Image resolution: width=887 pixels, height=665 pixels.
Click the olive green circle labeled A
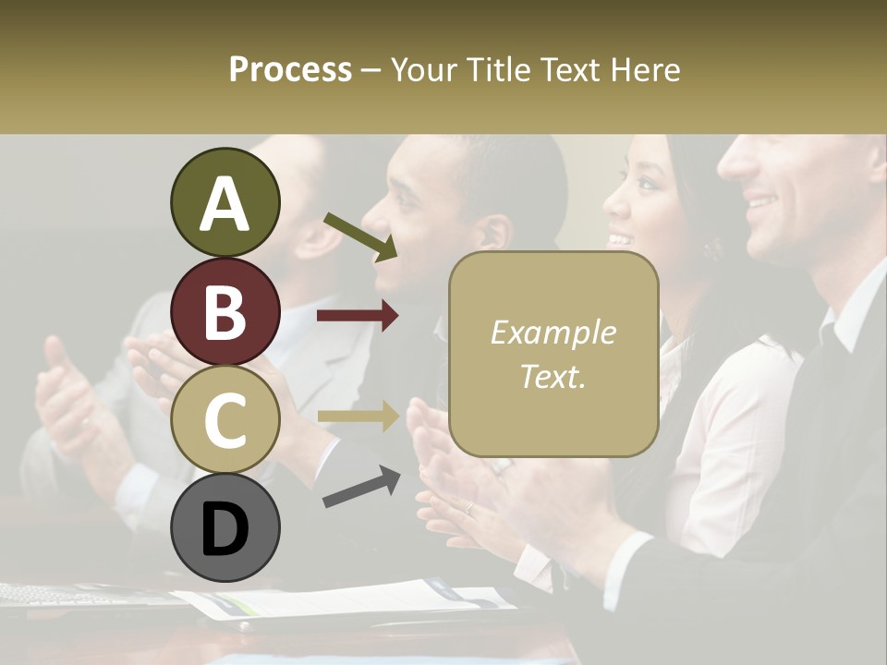[x=225, y=203]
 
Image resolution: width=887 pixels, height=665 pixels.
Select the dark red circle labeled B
[x=225, y=311]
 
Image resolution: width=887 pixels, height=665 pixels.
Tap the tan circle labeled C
[x=225, y=420]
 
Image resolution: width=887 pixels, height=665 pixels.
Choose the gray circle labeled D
[x=225, y=528]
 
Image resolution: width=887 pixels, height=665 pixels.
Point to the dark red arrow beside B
[x=358, y=316]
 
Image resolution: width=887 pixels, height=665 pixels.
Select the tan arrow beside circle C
[x=358, y=417]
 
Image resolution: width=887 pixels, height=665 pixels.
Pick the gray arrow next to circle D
[x=360, y=487]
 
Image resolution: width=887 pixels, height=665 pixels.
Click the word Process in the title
[x=290, y=69]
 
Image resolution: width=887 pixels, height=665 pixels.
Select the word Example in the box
[x=553, y=332]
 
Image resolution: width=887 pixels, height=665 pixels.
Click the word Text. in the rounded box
[x=553, y=375]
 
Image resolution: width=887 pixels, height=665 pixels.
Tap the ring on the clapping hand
[x=469, y=507]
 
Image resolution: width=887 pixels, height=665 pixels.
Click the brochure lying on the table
[x=351, y=600]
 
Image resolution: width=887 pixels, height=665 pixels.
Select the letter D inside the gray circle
[x=225, y=530]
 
